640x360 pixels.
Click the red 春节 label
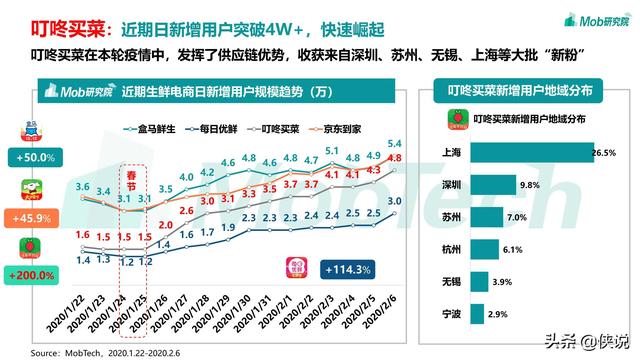pos(127,179)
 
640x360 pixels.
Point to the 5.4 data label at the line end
pos(395,142)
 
